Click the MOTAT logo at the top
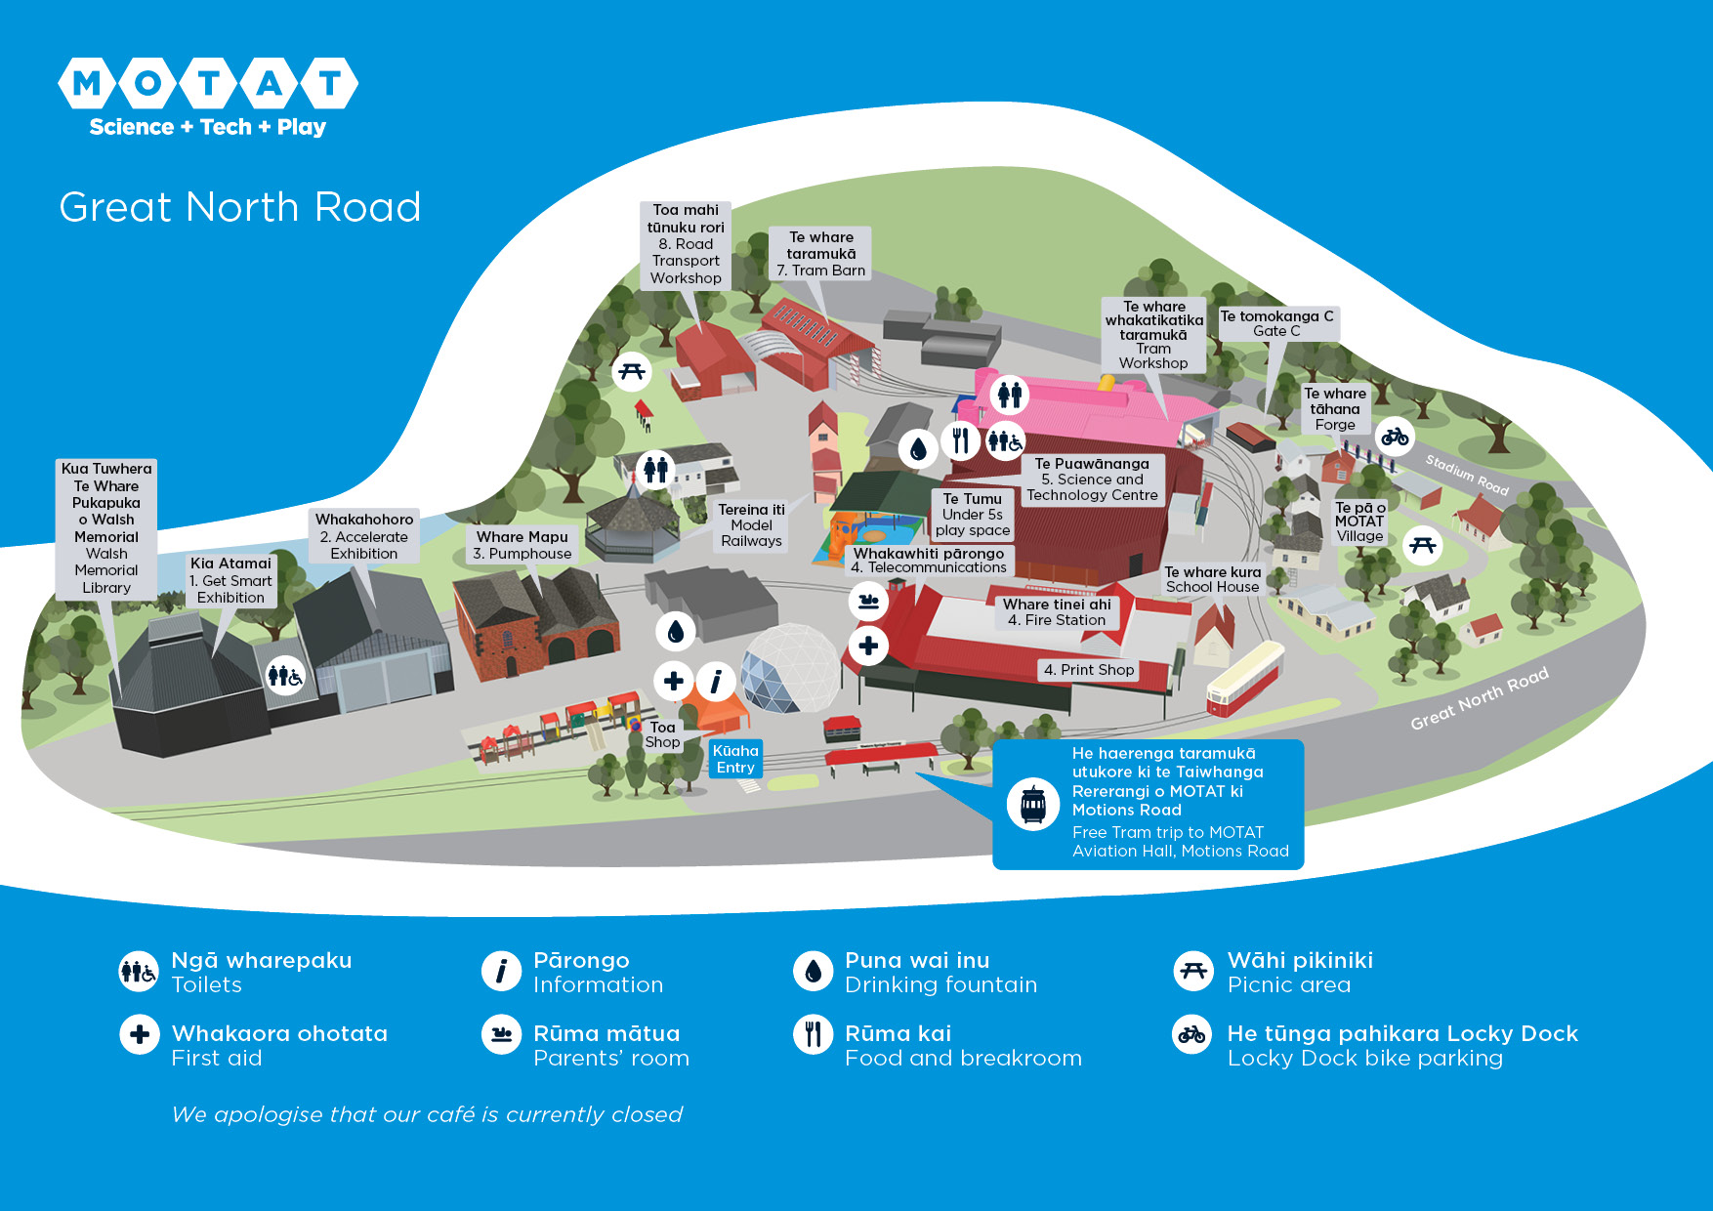coord(208,96)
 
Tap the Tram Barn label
coord(820,254)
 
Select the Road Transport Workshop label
coord(686,244)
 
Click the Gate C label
coord(1276,323)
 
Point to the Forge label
coord(1335,409)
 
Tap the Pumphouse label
coord(522,545)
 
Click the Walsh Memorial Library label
coord(106,528)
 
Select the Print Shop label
coord(1088,670)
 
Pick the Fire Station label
coord(1057,612)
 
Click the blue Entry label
coord(735,759)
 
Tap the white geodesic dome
coord(790,667)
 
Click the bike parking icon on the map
coord(1395,436)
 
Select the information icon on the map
coord(716,681)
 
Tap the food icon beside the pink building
coord(961,441)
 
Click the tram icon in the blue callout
coord(1033,805)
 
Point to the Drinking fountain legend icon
coord(813,972)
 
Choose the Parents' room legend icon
coord(502,1034)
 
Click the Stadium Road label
coord(1467,475)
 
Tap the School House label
coord(1212,579)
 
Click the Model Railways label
coord(751,525)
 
